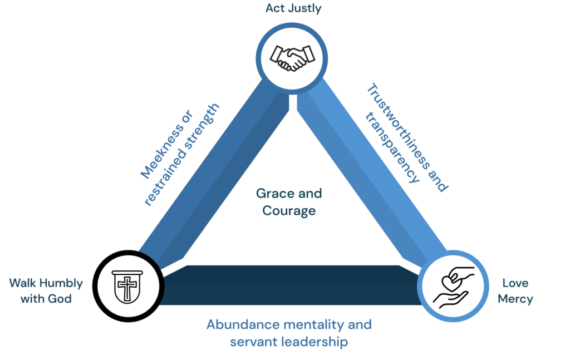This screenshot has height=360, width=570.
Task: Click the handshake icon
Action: point(292,58)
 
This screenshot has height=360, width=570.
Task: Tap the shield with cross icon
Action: point(127,286)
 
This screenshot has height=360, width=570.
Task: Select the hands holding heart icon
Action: point(453,287)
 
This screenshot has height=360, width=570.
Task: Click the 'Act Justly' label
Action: point(293,8)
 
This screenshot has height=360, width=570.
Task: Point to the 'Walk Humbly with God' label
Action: point(46,290)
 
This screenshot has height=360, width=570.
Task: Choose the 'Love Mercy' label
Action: point(515,290)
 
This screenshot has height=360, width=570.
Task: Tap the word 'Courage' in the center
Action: point(289,211)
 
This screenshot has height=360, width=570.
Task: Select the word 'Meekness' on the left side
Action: point(163,151)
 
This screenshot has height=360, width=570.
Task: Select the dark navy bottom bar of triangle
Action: point(291,285)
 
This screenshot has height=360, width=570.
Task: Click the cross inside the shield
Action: point(127,288)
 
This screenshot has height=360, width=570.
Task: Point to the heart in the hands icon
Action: point(451,282)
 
